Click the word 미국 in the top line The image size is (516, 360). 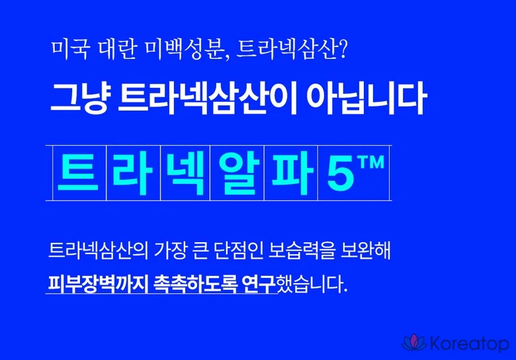[70, 50]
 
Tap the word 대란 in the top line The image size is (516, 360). [116, 50]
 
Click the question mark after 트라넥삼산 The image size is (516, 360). [342, 50]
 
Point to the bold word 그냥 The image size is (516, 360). [79, 98]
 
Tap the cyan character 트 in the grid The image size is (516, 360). [78, 172]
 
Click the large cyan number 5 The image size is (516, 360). [340, 173]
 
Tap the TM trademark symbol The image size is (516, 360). [371, 162]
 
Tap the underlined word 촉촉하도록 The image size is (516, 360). [195, 284]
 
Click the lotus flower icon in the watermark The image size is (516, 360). [414, 343]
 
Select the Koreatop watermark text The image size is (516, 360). [470, 344]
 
